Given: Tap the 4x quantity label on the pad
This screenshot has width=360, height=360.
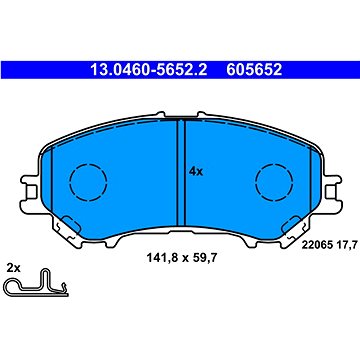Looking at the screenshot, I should point(195,170).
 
